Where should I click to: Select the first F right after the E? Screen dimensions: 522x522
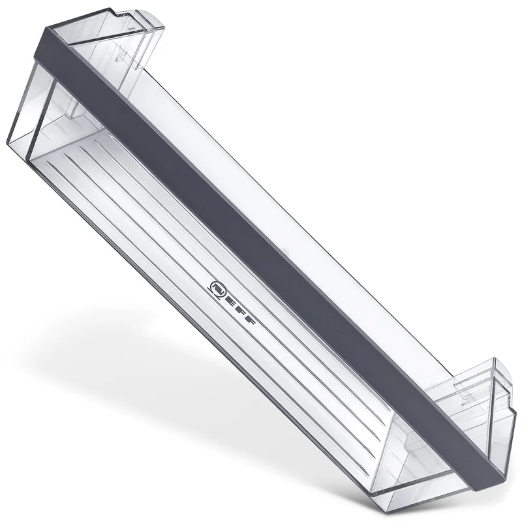240,311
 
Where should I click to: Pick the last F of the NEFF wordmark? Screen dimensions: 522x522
250,320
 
